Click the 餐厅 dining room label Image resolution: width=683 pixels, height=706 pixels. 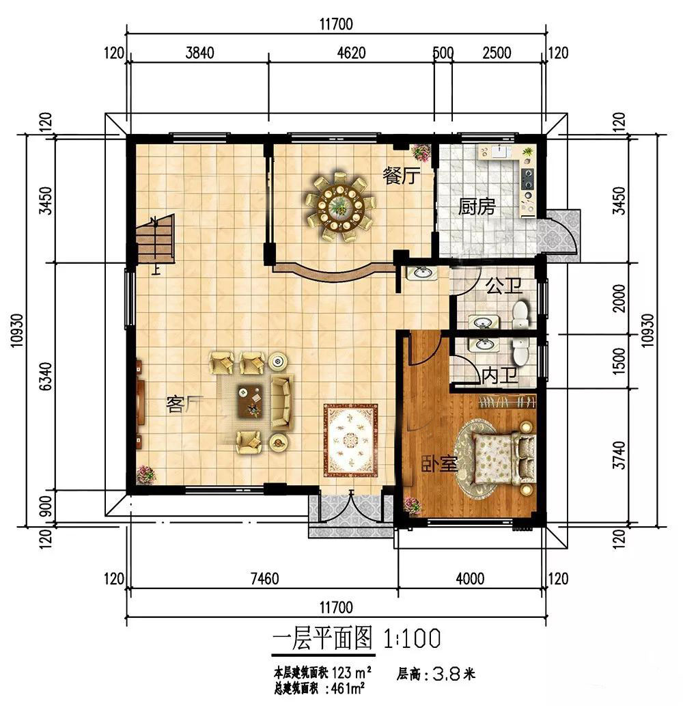[402, 176]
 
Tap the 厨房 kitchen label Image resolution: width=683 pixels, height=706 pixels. [477, 206]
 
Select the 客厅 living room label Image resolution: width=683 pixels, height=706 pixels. [184, 404]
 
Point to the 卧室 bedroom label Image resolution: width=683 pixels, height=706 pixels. [440, 463]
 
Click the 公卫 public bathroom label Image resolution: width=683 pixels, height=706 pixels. [504, 286]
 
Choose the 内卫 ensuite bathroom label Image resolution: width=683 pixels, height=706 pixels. [499, 375]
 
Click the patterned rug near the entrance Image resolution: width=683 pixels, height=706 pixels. [350, 440]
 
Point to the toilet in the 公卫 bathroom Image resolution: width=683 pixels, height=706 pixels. [520, 315]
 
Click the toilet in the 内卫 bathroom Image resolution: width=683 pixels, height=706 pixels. [520, 351]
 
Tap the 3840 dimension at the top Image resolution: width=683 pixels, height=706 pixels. [199, 53]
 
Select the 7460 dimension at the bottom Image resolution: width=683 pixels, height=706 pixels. [264, 579]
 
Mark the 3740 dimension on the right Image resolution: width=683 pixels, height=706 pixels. [619, 455]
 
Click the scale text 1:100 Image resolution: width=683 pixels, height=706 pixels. [412, 638]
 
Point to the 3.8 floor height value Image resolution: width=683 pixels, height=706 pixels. [446, 674]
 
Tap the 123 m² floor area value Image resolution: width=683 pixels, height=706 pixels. [351, 673]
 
